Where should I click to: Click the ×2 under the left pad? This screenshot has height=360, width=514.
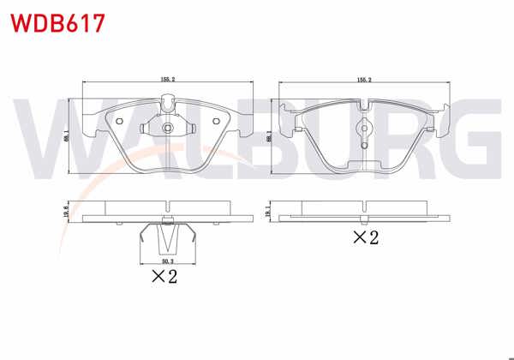tap(164, 277)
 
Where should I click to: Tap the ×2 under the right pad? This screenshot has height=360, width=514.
tap(367, 237)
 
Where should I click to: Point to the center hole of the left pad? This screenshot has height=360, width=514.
tap(167, 129)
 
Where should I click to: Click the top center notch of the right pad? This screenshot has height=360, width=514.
tap(365, 104)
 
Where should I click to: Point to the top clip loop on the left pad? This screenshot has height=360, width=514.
tap(167, 105)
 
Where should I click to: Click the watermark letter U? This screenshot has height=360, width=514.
tap(304, 133)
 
